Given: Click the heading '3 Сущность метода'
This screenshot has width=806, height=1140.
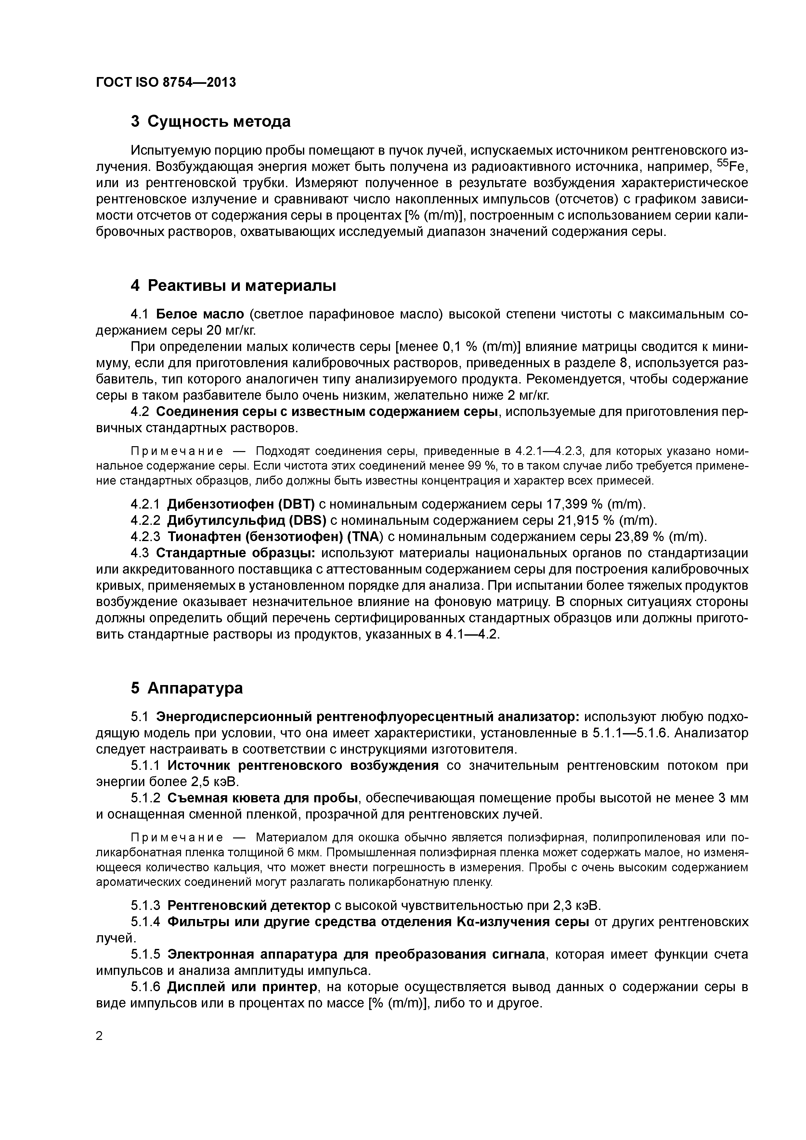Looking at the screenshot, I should [x=211, y=121].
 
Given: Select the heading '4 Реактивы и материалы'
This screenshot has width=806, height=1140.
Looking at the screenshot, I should [x=233, y=286].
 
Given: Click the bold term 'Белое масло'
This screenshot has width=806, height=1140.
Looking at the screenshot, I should [x=200, y=314].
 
